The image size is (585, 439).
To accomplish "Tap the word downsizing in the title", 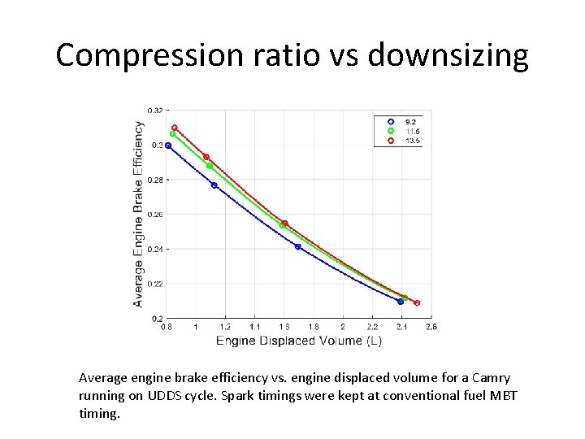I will click(448, 55).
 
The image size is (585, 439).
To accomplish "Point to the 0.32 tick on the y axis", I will click(154, 111).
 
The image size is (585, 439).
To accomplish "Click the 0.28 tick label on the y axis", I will click(154, 180).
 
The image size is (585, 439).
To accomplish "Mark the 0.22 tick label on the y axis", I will click(154, 284).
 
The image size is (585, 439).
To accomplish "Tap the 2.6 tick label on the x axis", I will click(431, 327).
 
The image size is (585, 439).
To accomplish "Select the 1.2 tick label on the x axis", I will click(225, 327).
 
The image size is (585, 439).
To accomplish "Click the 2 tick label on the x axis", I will click(343, 327).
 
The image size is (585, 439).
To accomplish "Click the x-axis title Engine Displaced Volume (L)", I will click(299, 341).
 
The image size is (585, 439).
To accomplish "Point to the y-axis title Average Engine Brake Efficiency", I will click(138, 215).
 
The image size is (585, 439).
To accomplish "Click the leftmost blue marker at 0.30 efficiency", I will click(168, 146).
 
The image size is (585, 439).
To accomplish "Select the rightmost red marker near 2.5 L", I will click(417, 303).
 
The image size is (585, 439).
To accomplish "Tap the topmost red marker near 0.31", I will click(175, 128).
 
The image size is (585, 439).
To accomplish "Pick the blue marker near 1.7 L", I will click(298, 246).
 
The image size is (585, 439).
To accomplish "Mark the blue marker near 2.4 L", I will click(401, 302).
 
